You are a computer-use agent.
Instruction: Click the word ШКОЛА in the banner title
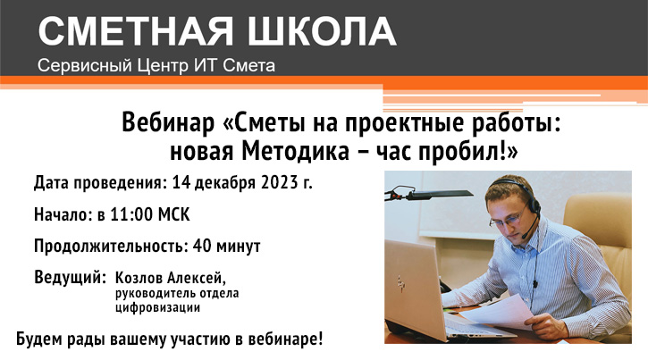tap(322, 31)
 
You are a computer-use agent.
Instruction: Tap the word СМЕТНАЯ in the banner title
tap(136, 31)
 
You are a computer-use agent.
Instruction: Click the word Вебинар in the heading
tap(168, 122)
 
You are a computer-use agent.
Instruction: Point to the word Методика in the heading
tap(296, 152)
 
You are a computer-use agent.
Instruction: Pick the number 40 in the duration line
tap(202, 246)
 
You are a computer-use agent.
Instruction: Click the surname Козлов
tap(139, 278)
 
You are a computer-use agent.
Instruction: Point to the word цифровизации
tap(158, 308)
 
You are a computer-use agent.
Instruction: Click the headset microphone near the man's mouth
tap(525, 235)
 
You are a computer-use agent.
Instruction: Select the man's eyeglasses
tap(509, 218)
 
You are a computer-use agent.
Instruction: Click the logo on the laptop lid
tap(400, 284)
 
